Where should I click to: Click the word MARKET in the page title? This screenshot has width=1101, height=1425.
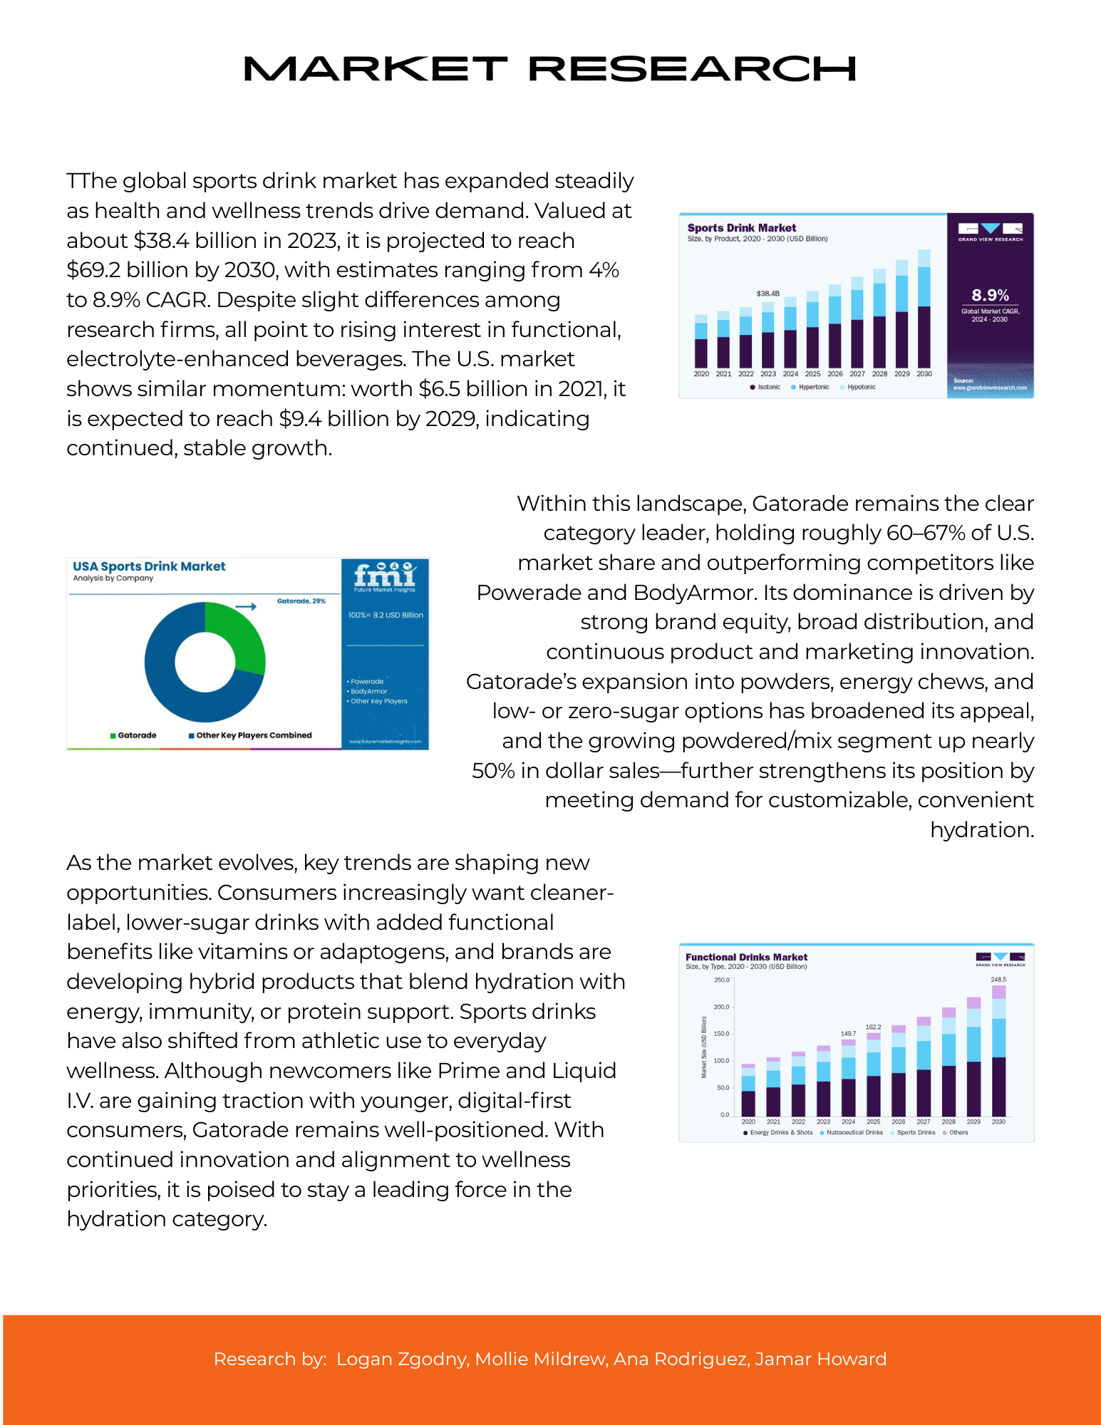pos(375,69)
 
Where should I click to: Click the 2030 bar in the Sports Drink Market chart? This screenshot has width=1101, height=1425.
pos(924,313)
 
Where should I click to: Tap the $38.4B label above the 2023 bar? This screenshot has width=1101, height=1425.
pos(767,294)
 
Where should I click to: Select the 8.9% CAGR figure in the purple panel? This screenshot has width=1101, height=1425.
pos(990,295)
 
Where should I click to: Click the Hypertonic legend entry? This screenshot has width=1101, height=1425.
pos(813,388)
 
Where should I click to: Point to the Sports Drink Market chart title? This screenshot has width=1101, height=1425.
pos(741,228)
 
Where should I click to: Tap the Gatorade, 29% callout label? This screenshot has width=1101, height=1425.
pos(301,601)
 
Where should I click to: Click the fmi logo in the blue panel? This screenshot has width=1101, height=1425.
pos(385,574)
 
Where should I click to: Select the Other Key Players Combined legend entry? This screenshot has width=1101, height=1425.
pos(253,735)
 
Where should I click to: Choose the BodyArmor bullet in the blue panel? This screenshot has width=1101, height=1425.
pos(368,691)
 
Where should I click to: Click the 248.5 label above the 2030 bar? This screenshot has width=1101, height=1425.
pos(998,980)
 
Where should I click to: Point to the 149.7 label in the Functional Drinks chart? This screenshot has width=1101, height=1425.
pos(848,1033)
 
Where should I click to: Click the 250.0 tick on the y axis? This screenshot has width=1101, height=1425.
pos(722,980)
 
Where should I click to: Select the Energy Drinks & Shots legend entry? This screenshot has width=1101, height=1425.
pos(780,1132)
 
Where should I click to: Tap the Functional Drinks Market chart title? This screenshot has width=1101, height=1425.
pos(746,957)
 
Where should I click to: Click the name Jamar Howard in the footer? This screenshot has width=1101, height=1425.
pos(820,1359)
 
